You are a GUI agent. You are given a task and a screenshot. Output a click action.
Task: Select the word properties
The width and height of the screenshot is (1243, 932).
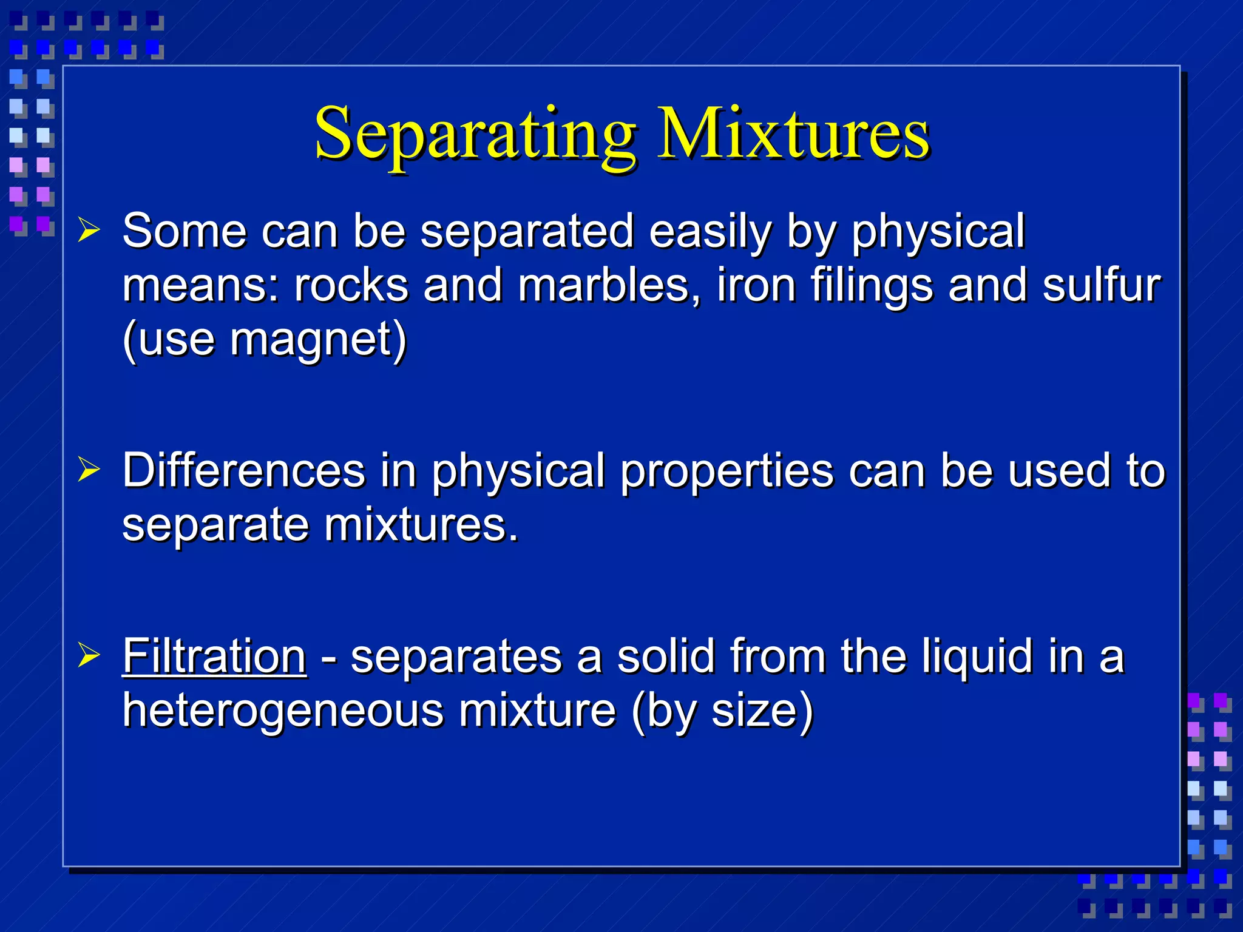(x=726, y=472)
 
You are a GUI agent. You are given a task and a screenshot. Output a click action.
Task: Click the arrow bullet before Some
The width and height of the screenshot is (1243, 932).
(x=89, y=231)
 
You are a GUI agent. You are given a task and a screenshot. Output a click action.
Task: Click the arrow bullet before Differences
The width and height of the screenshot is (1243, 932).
(x=89, y=470)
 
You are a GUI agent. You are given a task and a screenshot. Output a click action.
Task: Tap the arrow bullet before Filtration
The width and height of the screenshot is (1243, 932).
(x=89, y=655)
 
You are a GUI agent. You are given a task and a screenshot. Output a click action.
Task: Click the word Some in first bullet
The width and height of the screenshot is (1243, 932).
(x=184, y=232)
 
